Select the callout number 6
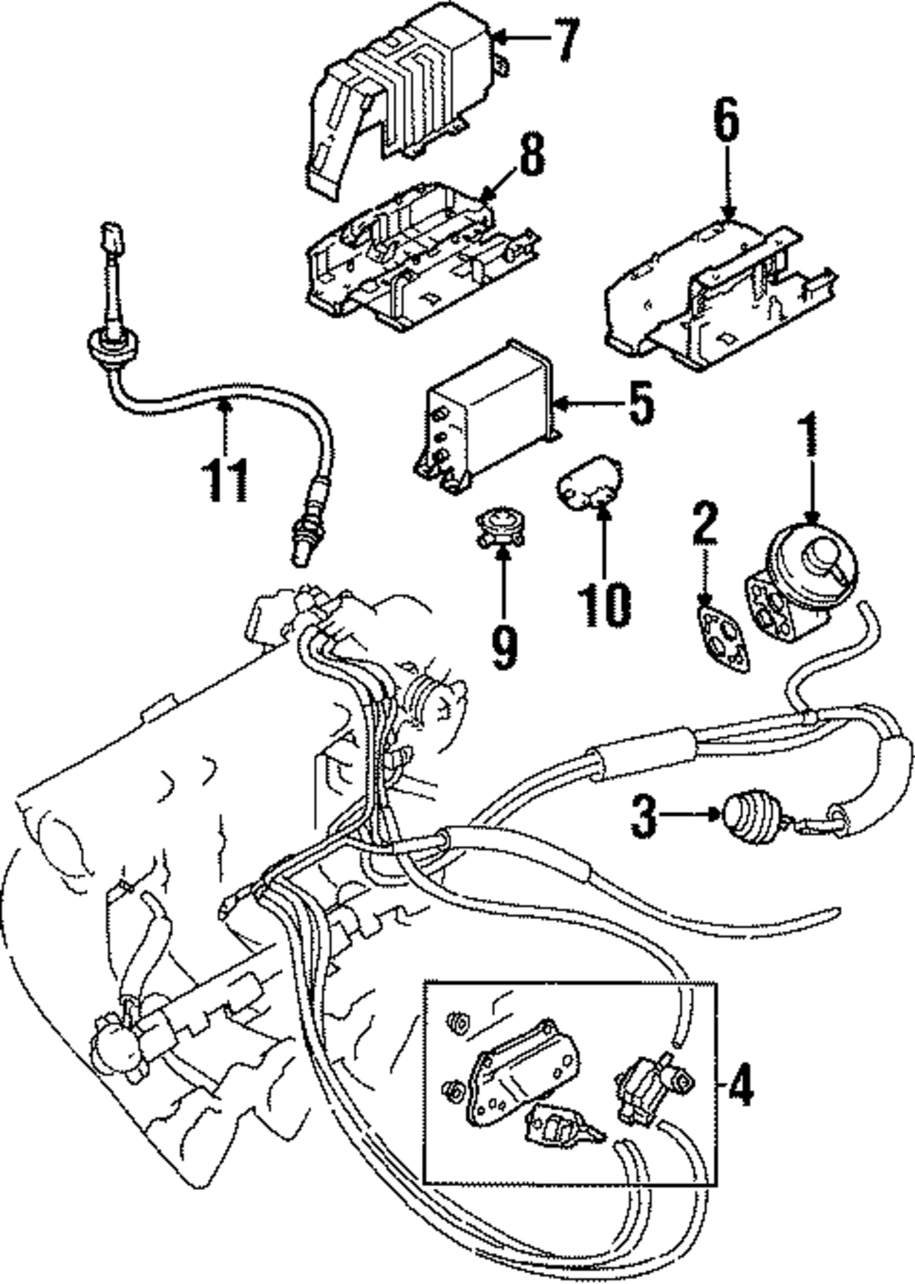point(725,123)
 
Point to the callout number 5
point(640,402)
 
